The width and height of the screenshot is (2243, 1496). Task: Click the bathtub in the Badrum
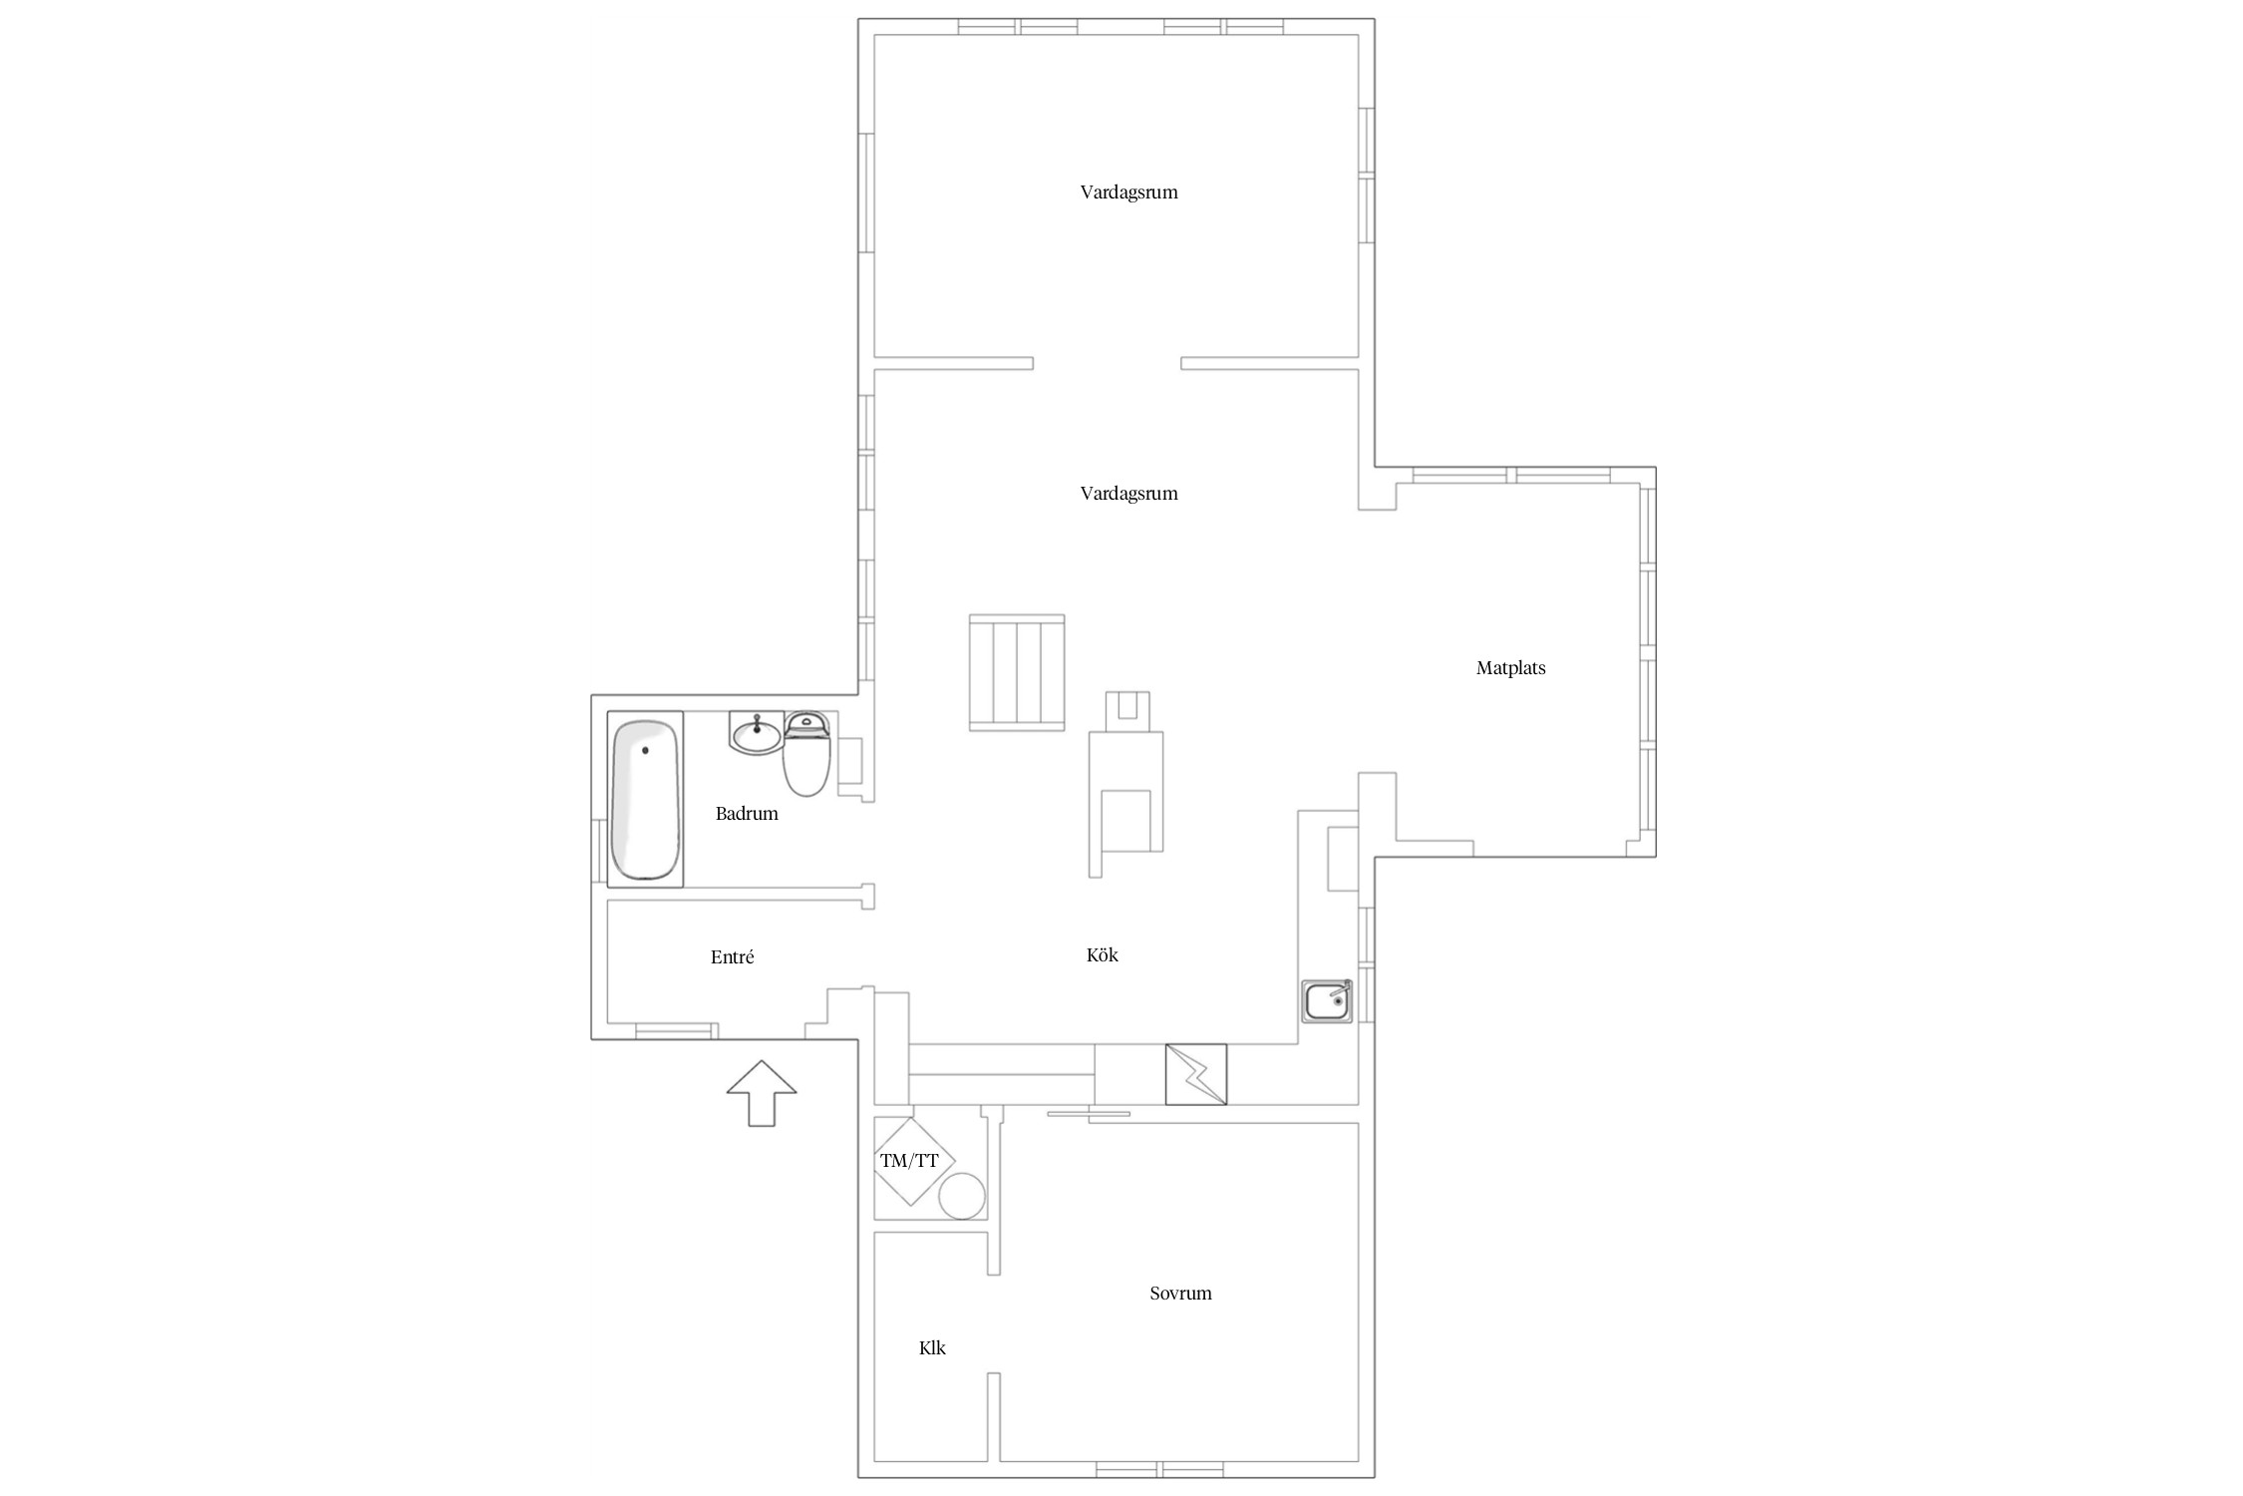click(x=645, y=799)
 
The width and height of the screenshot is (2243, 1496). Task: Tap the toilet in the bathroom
click(x=806, y=754)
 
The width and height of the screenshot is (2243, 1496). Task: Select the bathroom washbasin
click(x=757, y=733)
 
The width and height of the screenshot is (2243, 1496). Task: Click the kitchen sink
click(x=1327, y=1001)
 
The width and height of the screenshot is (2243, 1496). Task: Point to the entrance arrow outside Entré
click(x=762, y=1093)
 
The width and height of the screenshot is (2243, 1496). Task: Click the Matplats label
click(x=1510, y=668)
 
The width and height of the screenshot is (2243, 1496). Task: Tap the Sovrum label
click(x=1180, y=1294)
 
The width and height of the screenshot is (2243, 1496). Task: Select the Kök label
click(x=1103, y=955)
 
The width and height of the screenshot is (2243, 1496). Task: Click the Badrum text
click(x=747, y=814)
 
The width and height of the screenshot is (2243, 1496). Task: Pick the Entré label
click(x=732, y=957)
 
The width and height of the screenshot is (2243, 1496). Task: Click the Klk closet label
click(x=932, y=1348)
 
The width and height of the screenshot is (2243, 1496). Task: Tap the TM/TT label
click(x=909, y=1161)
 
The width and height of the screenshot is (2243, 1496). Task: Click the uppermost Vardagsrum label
click(x=1128, y=192)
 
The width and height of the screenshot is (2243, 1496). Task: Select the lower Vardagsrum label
click(x=1128, y=494)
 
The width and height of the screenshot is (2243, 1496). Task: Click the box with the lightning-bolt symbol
click(x=1196, y=1074)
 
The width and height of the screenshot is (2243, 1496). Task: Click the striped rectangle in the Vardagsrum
click(x=1017, y=673)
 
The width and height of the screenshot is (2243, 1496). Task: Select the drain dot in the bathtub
click(x=645, y=750)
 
